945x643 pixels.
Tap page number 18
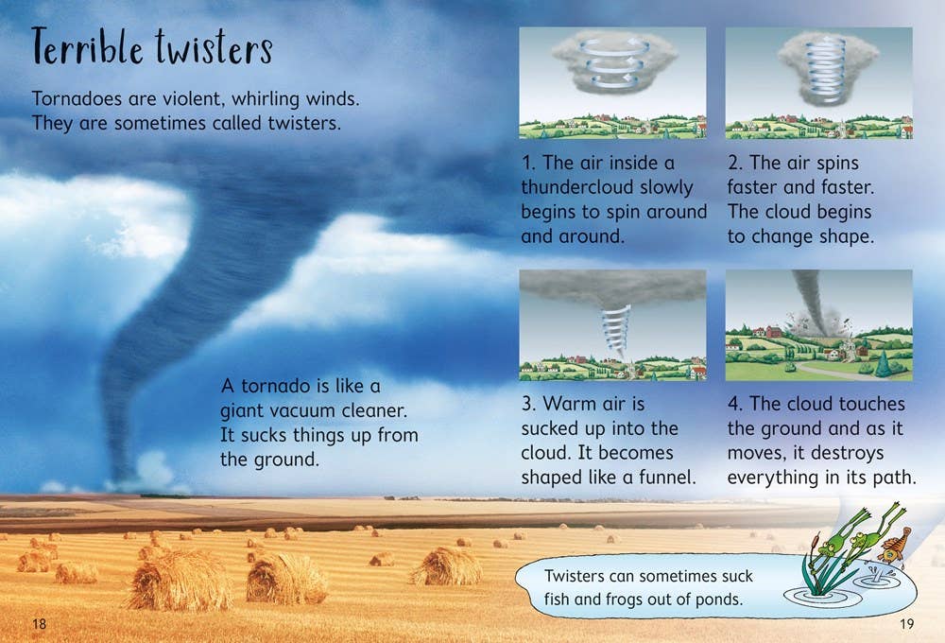[39, 623]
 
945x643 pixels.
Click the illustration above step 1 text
[612, 83]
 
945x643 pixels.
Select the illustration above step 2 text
[818, 83]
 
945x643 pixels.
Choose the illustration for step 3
[612, 325]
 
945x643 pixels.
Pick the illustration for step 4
[818, 325]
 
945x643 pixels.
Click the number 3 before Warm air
[526, 404]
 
